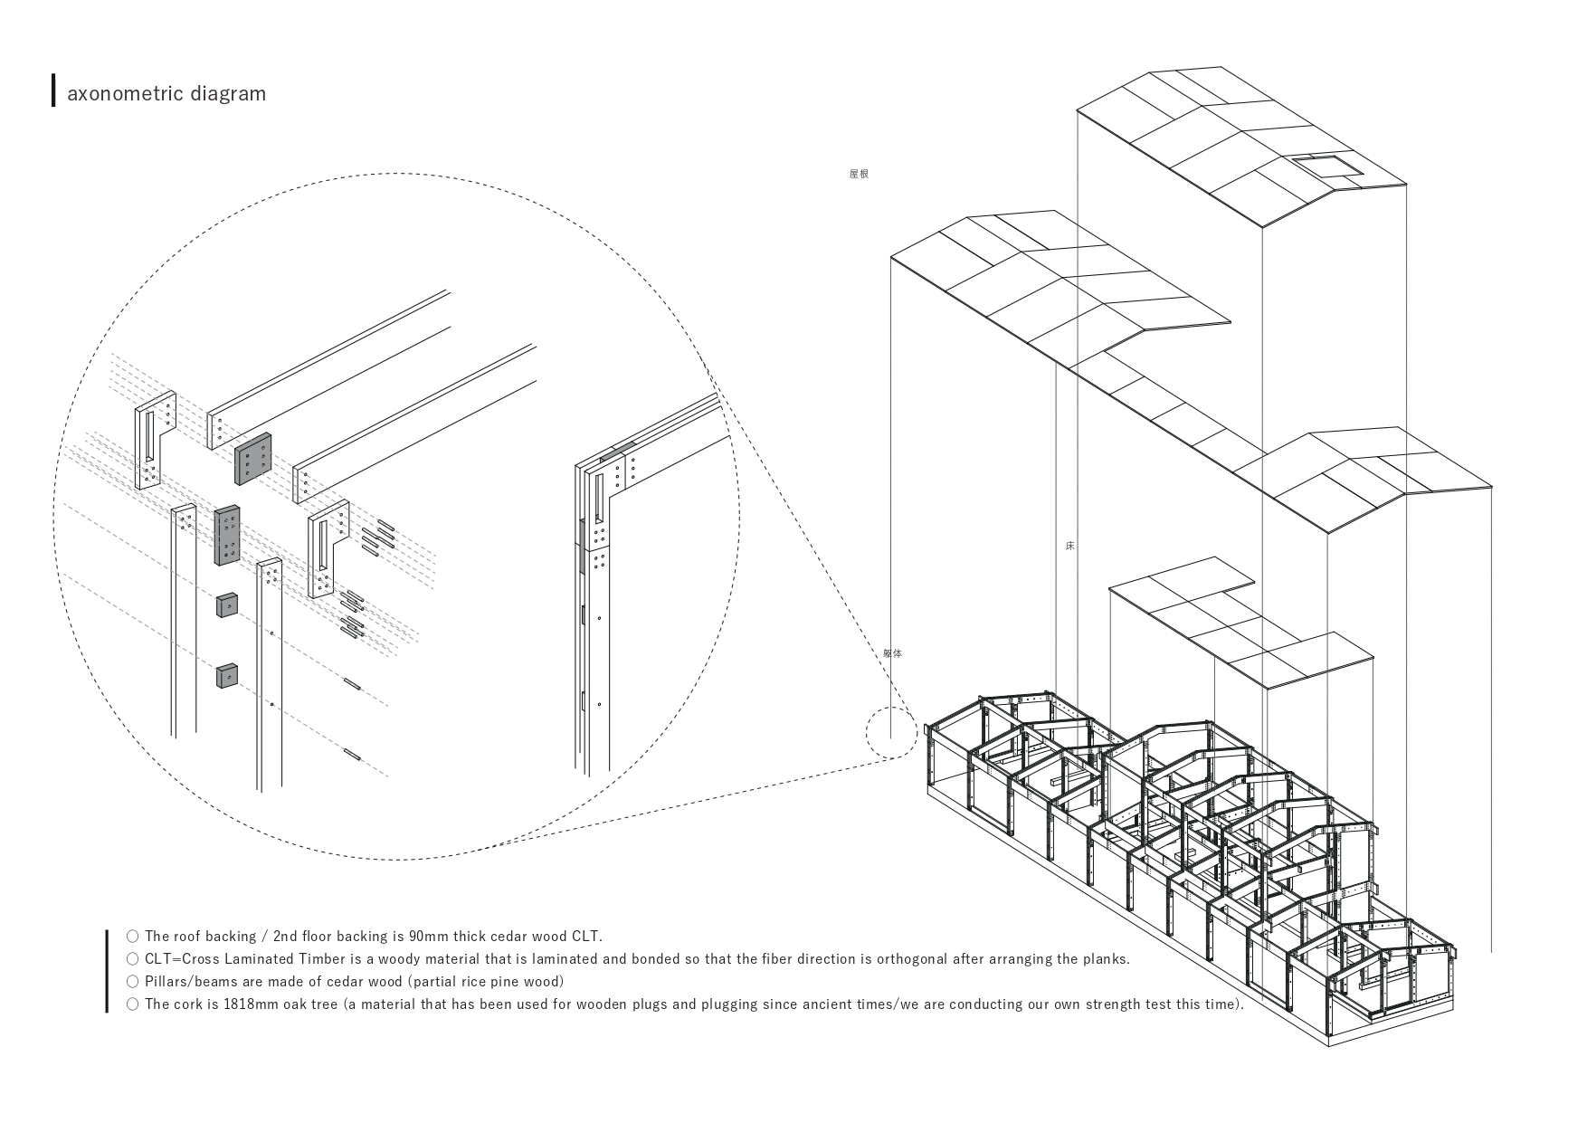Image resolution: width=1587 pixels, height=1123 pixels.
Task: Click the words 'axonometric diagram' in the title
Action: (166, 93)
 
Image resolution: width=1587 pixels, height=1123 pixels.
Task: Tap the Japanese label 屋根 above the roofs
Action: (859, 174)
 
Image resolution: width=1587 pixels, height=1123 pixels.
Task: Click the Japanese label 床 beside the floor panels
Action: (1069, 546)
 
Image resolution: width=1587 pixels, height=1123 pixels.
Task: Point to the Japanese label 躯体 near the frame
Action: (892, 652)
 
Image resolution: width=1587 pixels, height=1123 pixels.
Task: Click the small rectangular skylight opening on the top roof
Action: (1326, 166)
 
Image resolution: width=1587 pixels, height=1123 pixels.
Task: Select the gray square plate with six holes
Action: (252, 459)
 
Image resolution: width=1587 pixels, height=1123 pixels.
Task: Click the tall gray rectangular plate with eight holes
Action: (227, 535)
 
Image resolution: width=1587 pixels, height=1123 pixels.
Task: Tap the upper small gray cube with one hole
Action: (226, 604)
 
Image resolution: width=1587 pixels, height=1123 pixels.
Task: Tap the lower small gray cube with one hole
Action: (226, 675)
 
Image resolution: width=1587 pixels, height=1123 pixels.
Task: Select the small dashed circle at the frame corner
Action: (891, 733)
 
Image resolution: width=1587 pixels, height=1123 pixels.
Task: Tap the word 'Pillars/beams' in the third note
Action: (189, 982)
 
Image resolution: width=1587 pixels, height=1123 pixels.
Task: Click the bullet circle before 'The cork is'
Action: (133, 1004)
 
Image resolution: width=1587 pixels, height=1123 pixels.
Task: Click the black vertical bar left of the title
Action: (53, 90)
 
